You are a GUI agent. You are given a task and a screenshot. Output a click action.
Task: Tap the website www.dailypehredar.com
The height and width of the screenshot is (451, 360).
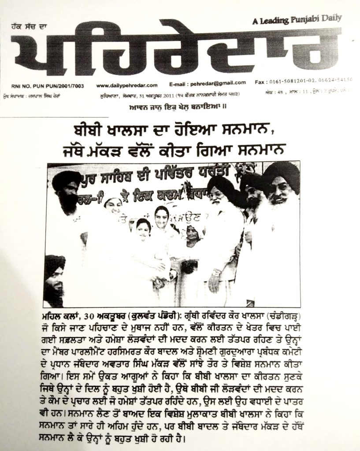(126, 85)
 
